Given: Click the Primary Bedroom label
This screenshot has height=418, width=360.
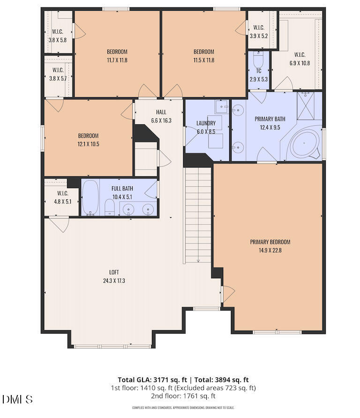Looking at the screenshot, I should (x=270, y=242).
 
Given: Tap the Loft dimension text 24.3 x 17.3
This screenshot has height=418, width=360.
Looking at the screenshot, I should (x=114, y=281).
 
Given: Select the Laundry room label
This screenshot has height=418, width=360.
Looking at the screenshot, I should (x=206, y=124).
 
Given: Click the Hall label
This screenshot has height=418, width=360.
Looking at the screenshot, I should (x=161, y=112).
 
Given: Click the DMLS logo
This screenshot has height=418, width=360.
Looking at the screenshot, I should (x=17, y=399).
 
